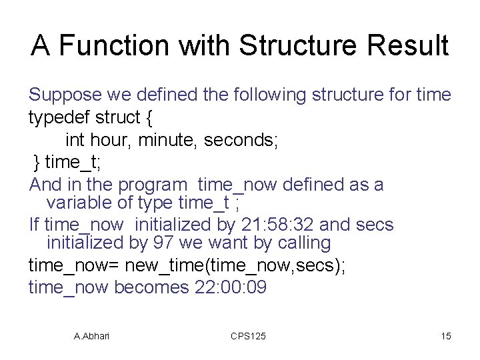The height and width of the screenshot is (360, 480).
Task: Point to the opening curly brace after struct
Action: [147, 118]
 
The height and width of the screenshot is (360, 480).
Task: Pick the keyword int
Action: [75, 140]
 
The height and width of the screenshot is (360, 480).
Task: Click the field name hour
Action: [110, 140]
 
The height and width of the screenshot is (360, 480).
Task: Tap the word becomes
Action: [153, 287]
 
